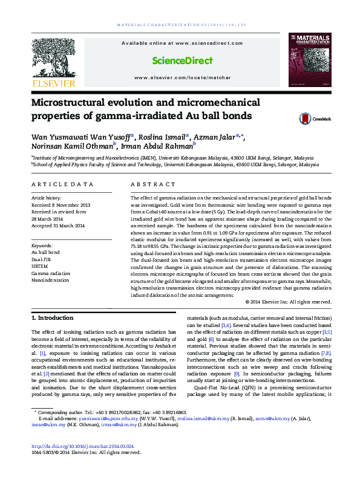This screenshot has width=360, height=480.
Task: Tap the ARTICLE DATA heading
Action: coord(62,184)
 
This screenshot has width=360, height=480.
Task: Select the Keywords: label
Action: coord(42,245)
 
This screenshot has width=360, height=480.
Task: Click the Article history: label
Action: coord(46,198)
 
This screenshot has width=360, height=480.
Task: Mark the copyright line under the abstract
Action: coord(288,301)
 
